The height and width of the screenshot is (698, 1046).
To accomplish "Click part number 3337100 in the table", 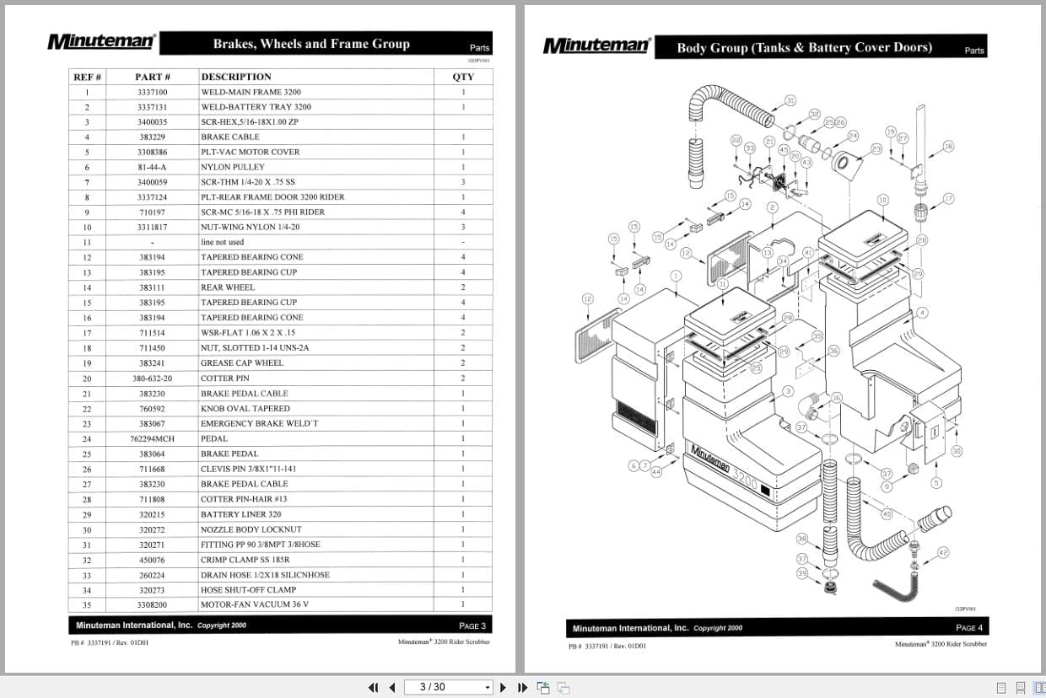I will click(x=153, y=92).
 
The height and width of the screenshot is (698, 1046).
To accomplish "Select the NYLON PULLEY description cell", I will click(x=233, y=167).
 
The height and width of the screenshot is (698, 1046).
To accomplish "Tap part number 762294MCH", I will click(x=153, y=438).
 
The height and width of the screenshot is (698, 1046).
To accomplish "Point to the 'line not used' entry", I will click(x=223, y=242).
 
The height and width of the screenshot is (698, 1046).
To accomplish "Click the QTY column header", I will click(x=463, y=77).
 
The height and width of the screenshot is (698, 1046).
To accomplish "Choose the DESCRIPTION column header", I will click(x=236, y=77).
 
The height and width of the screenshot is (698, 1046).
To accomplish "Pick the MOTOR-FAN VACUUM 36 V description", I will click(x=255, y=604).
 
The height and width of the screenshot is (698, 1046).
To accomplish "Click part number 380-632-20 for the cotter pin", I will click(x=153, y=379).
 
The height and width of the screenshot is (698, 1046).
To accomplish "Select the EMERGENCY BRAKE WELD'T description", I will click(x=260, y=423).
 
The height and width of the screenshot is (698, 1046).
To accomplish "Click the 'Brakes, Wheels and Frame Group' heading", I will click(x=311, y=44).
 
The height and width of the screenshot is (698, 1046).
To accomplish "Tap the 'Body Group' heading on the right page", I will click(x=804, y=47).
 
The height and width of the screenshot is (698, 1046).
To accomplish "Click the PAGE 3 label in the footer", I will click(x=472, y=626).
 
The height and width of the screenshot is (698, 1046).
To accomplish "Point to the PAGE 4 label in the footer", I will click(x=969, y=627).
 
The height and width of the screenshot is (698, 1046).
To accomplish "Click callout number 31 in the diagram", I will click(x=790, y=100).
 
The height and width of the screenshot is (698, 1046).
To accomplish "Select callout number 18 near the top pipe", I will click(x=948, y=147).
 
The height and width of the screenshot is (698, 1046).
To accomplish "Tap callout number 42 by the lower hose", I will click(x=943, y=552).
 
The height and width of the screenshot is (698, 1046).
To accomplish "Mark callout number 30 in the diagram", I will click(x=957, y=451).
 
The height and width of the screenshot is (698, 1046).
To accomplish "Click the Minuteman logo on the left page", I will click(x=101, y=41).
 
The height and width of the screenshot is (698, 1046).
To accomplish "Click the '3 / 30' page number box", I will click(x=447, y=687).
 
